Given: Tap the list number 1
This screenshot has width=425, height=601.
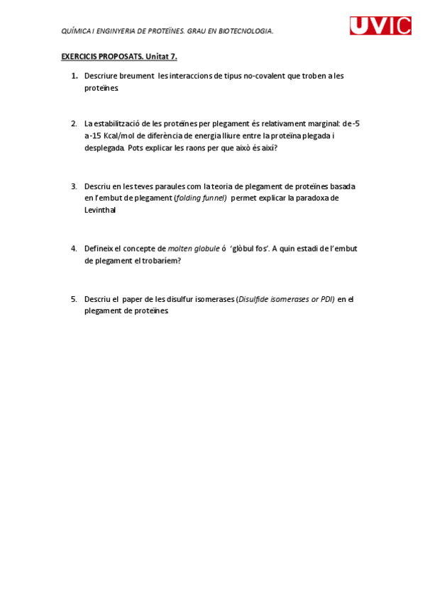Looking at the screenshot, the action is [x=74, y=76].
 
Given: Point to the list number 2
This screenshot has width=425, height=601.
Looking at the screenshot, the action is [x=74, y=123].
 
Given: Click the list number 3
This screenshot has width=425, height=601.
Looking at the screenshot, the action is [x=74, y=186].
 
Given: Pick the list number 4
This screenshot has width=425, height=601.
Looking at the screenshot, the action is [x=74, y=248].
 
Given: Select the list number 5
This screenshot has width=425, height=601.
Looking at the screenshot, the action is [x=74, y=298].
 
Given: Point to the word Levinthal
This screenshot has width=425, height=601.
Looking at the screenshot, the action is [x=100, y=210].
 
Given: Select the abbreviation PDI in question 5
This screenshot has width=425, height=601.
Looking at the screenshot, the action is [x=326, y=298].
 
